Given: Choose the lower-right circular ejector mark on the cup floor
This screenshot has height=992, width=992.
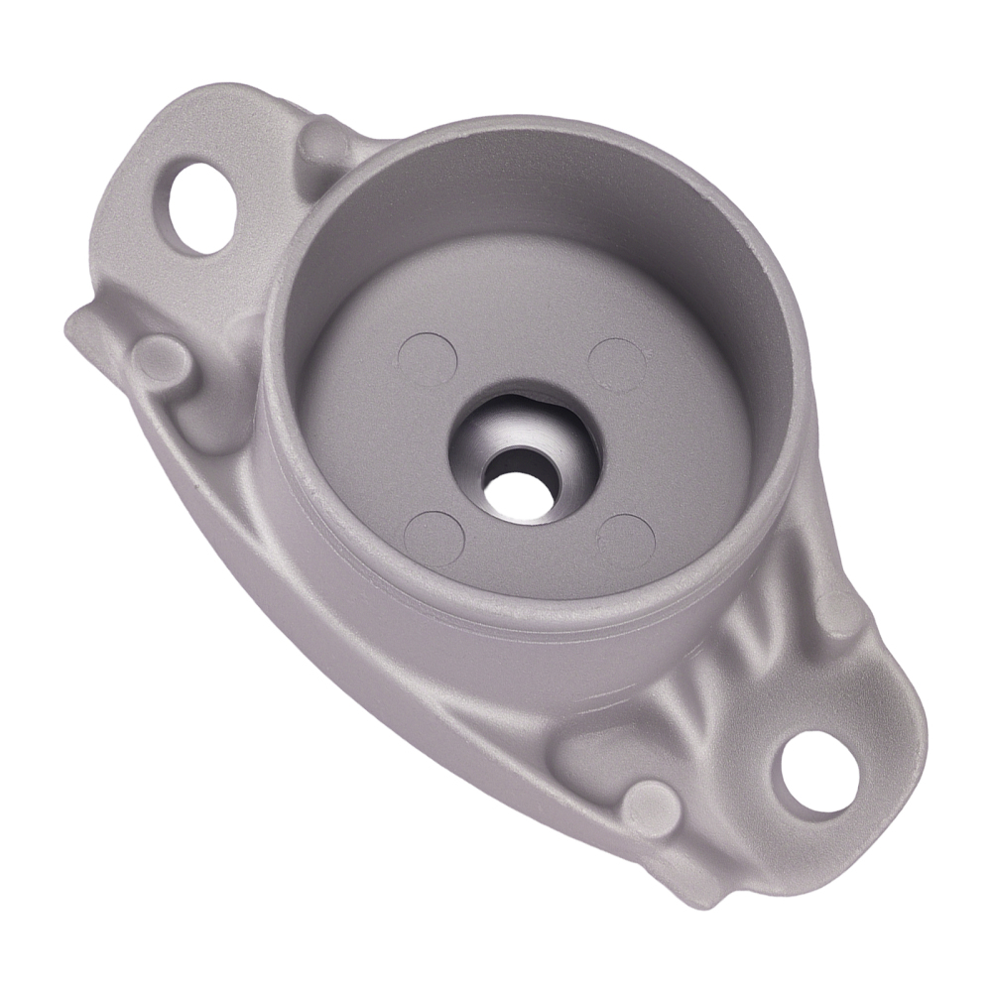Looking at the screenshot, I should click(x=626, y=542).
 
